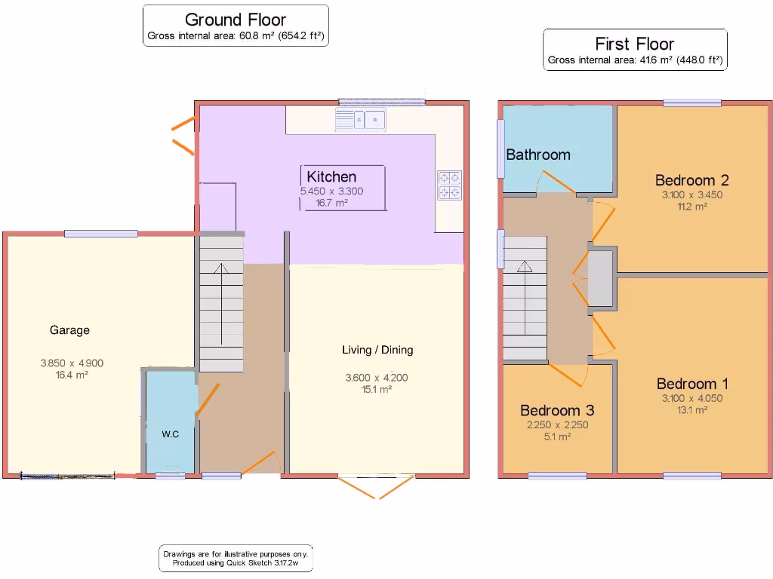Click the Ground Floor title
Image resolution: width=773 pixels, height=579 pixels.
coord(236,20)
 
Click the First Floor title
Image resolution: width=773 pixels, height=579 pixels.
coord(634,44)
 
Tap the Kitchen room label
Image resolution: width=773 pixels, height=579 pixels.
coord(331,177)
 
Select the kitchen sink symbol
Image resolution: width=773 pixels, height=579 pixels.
coord(361,119)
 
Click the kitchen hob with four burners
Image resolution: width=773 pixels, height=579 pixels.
coord(450,185)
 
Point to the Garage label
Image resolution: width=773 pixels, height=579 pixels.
coord(69,330)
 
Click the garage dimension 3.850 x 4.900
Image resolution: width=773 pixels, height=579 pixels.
coord(72,363)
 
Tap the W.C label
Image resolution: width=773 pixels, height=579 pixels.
coord(170,434)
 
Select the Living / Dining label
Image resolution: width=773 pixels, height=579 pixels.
coord(377,350)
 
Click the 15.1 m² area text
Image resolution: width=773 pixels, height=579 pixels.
coord(377,390)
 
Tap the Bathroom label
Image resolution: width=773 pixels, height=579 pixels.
coord(537,155)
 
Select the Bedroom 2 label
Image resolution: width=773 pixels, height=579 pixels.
coord(691,180)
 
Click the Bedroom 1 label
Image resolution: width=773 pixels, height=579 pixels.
coord(691,384)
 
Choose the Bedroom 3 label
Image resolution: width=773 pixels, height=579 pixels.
coord(557,410)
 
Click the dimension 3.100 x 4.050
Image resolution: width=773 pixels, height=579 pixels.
coord(691,399)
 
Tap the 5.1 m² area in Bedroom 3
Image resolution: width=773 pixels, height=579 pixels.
coord(557,437)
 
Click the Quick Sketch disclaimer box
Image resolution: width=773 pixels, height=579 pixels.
coord(236,559)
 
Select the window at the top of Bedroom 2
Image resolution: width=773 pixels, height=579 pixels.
coord(691,103)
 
